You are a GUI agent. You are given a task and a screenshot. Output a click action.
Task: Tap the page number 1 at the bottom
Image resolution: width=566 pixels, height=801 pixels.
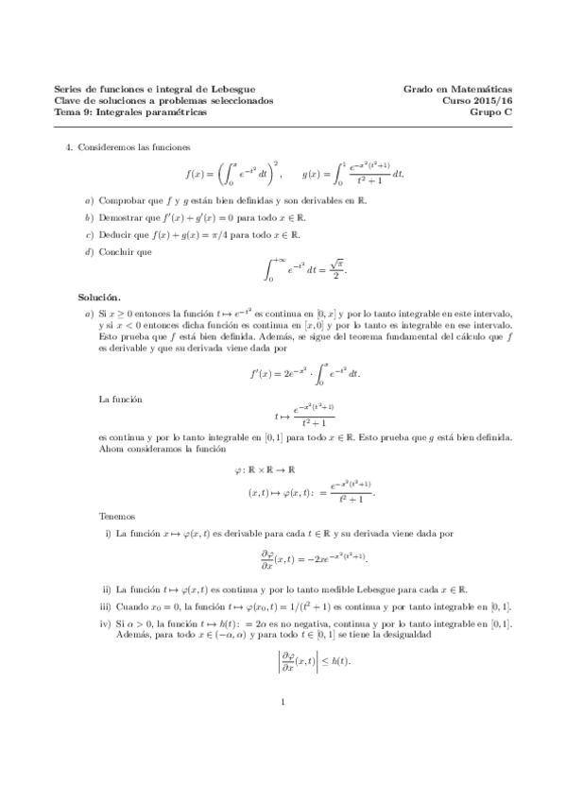(x=283, y=754)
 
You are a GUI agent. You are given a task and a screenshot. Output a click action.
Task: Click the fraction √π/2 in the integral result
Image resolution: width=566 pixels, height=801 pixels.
(x=334, y=270)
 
